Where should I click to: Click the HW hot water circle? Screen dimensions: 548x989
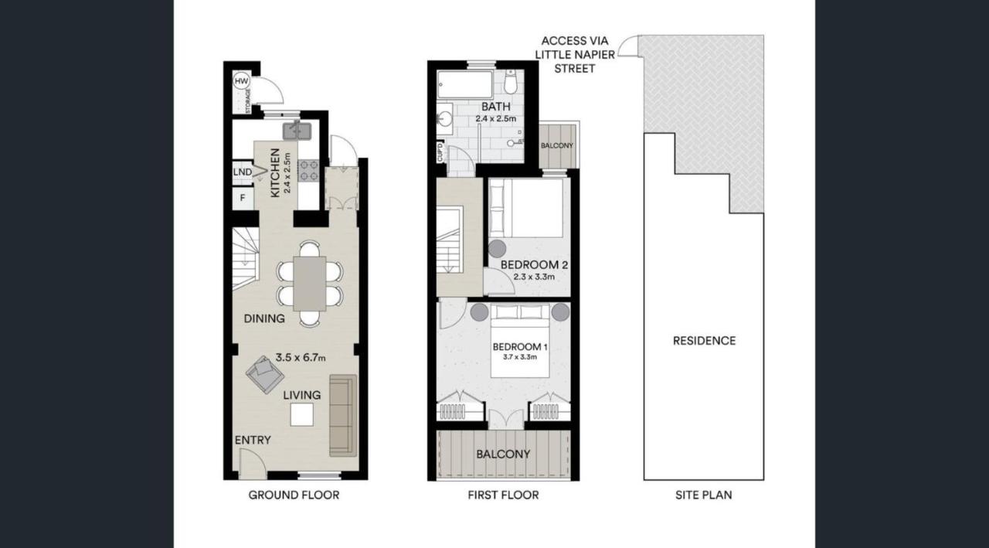tap(241, 81)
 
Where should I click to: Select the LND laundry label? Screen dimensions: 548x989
tap(243, 172)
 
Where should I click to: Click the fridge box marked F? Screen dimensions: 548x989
tap(243, 198)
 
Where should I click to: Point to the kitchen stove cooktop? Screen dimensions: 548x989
tap(309, 170)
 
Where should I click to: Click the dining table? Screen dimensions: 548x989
tap(310, 282)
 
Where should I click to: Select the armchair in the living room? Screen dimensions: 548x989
tap(264, 376)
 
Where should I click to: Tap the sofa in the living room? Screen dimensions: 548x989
tap(343, 415)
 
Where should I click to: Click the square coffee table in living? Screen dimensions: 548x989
tap(302, 416)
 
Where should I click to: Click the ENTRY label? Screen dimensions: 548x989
tap(253, 441)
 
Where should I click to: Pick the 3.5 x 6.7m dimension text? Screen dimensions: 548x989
tap(301, 358)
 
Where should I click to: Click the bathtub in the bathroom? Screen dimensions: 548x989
tap(465, 84)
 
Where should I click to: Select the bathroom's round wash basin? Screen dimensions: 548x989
tap(446, 120)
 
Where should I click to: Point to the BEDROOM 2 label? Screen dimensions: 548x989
tap(534, 265)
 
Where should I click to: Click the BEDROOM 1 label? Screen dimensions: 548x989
tap(520, 345)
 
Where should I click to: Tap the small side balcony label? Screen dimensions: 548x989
tap(556, 145)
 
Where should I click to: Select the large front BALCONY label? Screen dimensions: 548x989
tap(503, 454)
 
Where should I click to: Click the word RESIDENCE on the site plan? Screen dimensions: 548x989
tap(704, 341)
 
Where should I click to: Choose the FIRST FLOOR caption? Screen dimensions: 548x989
tap(503, 495)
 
